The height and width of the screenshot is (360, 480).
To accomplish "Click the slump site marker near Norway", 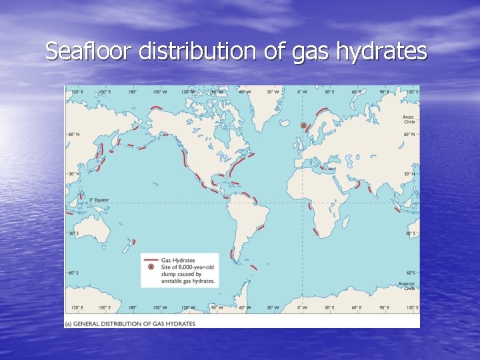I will [x=303, y=125].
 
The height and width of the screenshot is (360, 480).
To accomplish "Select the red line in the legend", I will [x=151, y=259].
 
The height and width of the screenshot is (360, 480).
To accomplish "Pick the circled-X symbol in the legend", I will [x=151, y=267].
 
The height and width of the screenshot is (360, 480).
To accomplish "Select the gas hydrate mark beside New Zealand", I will [x=133, y=241].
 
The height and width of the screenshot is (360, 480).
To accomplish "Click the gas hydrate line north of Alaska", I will [x=157, y=108].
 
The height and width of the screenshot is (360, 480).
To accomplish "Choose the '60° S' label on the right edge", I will [x=411, y=273].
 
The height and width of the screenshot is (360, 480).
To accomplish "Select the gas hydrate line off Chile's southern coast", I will [x=231, y=254].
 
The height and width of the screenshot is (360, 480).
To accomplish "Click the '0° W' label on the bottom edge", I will [x=302, y=308].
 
